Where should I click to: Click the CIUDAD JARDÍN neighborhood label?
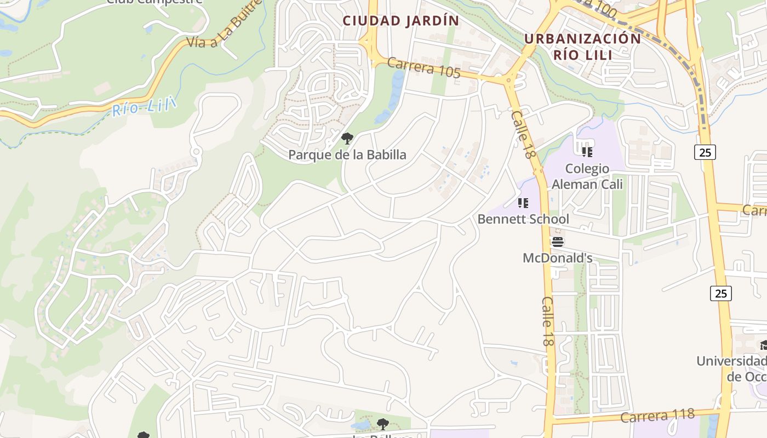(400, 21)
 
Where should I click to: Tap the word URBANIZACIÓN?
(582, 39)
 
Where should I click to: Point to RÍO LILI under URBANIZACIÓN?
(582, 54)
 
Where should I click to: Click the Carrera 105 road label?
(423, 67)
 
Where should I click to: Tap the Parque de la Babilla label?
(347, 155)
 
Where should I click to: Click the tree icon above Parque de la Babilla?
(346, 139)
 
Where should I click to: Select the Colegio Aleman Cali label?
(587, 176)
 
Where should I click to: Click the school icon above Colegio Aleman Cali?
(587, 152)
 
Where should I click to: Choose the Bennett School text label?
(523, 219)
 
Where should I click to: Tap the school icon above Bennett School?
(523, 203)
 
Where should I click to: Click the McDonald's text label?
(557, 258)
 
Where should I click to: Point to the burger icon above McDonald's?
(558, 241)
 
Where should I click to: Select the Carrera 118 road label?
(657, 416)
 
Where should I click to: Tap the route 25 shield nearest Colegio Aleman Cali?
(705, 152)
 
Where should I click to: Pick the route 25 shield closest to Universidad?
(721, 293)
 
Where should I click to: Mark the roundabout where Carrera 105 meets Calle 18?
(510, 81)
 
